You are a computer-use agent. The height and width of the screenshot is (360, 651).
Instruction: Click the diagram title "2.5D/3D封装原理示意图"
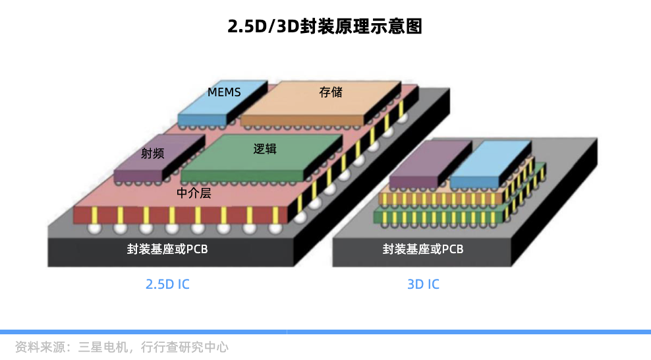pos(325,26)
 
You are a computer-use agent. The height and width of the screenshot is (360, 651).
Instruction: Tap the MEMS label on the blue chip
pos(224,92)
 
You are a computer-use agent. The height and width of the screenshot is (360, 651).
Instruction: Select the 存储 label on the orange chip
pos(331,92)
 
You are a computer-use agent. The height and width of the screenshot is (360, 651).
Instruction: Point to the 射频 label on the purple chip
pos(153,153)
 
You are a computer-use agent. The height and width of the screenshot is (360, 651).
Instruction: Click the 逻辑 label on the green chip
pos(265,148)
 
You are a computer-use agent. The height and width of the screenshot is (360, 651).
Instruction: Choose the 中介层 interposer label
pos(194,193)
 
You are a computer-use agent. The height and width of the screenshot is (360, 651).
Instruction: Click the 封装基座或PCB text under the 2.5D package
pos(168,249)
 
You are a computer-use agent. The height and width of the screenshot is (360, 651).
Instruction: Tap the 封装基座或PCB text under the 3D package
pos(423,249)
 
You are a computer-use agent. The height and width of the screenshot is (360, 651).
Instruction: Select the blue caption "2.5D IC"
pos(167,284)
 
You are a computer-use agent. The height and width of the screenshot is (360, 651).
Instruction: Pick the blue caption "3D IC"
pos(423,284)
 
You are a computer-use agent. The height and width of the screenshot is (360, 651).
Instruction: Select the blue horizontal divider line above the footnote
pos(325,332)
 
